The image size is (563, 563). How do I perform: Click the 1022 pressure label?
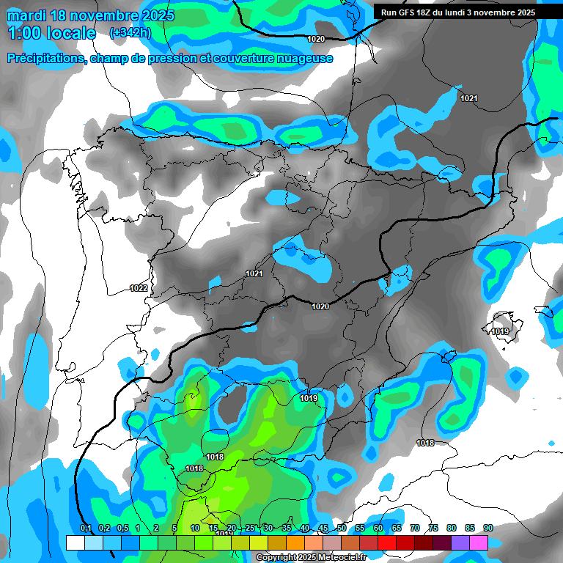138,288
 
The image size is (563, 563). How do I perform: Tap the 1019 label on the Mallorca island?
501,332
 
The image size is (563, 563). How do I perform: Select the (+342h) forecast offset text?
130,32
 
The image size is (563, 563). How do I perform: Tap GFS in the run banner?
408,12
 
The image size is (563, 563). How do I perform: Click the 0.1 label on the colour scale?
85,528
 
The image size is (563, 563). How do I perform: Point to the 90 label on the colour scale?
488,528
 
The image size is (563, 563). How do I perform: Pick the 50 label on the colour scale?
342,528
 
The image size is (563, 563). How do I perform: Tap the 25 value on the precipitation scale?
250,528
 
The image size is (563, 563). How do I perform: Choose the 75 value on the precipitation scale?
433,528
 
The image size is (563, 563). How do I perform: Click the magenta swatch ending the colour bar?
479,542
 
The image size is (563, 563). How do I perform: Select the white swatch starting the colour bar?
75,542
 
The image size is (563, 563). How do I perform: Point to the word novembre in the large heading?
107,15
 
